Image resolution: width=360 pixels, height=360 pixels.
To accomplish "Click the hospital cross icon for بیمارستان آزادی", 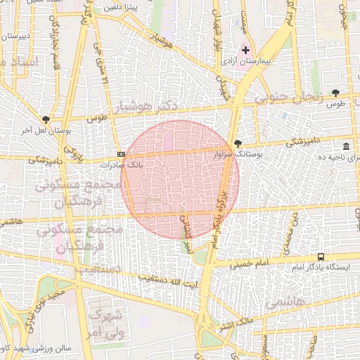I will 245,50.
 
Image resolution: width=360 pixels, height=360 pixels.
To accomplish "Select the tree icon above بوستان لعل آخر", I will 46,120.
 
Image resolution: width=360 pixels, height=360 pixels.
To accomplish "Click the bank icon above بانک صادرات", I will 122,154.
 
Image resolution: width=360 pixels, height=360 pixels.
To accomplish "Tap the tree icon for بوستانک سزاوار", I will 238,143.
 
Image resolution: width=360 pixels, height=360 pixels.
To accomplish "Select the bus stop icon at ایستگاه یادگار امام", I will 321,257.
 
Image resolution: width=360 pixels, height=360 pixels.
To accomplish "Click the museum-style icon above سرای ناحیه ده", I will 346,146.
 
